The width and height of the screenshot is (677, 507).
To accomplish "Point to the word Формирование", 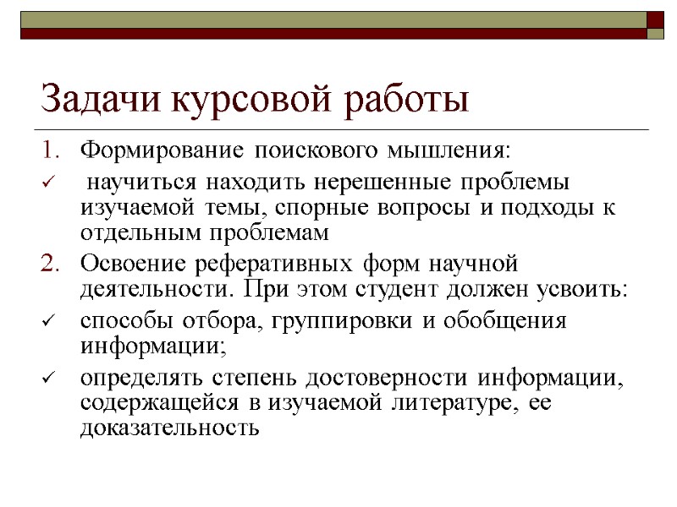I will (148, 152).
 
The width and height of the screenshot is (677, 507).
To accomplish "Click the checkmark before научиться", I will (48, 183).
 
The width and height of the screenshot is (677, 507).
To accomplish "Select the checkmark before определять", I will (48, 378).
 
